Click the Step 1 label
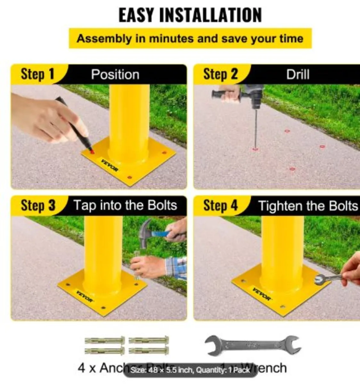[37, 74]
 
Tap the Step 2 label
[220, 74]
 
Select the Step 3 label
[38, 205]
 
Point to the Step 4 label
[220, 205]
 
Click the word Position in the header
[115, 75]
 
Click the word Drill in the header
[298, 75]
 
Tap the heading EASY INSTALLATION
[190, 15]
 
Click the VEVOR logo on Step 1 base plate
[110, 165]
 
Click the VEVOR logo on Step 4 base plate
[261, 294]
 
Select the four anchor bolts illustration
[127, 346]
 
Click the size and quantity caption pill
[190, 370]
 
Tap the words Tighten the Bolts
[307, 206]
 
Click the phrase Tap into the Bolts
[125, 205]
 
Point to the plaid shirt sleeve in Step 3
[176, 268]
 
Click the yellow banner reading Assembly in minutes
[190, 39]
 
